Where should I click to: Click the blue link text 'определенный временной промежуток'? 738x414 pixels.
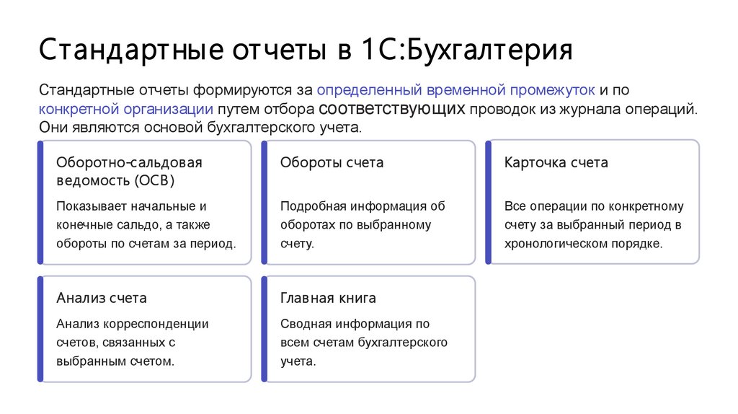pos(456,91)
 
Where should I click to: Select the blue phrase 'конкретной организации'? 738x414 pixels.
pos(126,109)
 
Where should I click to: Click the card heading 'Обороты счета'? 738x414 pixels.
pos(332,162)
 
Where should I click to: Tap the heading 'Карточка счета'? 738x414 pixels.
pos(556,162)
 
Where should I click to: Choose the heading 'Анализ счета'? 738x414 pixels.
pos(102,298)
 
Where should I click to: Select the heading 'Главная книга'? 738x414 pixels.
pos(328,298)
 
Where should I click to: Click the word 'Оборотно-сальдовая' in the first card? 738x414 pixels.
pos(129,162)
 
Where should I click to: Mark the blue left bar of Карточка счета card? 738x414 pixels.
pos(488,202)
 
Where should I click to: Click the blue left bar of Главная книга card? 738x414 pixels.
pos(264,329)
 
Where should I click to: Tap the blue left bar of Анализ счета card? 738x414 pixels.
pos(40,329)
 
